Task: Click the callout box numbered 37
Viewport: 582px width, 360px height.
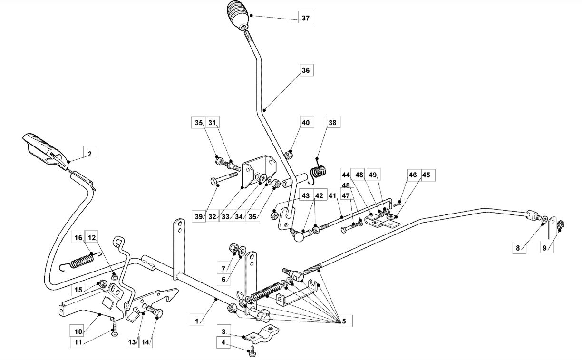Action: [x=305, y=18]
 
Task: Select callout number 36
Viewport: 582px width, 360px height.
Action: [x=305, y=70]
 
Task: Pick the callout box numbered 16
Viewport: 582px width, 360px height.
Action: [x=78, y=237]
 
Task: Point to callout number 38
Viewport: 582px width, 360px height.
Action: [x=332, y=122]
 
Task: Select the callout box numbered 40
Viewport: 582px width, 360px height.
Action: [x=305, y=122]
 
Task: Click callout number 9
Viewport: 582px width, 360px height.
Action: [x=547, y=247]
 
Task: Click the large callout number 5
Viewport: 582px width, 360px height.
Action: [x=344, y=322]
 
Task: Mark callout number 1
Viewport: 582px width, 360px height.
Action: [x=196, y=321]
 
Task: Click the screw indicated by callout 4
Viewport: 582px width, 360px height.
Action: [x=251, y=352]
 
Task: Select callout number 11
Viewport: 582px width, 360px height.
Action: [x=78, y=341]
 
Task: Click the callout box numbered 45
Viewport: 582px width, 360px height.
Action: [x=426, y=175]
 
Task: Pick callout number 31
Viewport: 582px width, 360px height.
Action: [x=212, y=122]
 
